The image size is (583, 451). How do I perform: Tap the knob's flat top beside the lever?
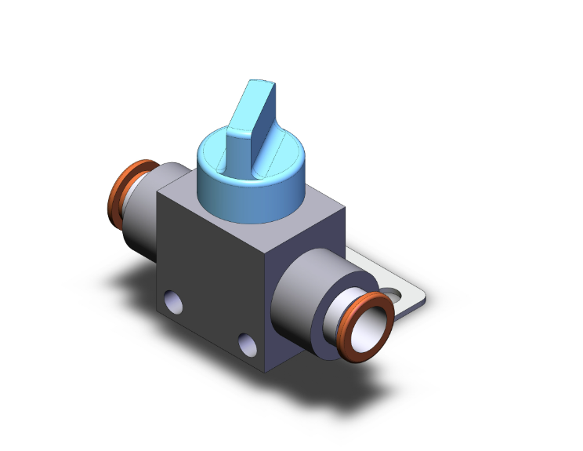point(274,157)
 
